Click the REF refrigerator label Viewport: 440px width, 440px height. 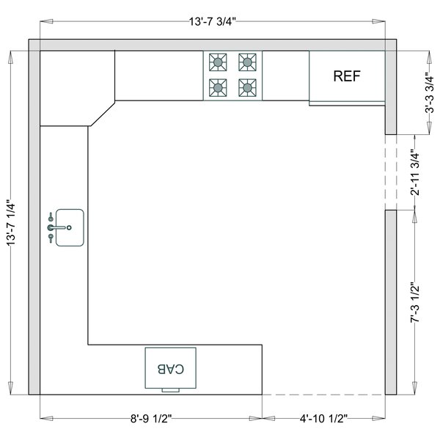tap(347, 76)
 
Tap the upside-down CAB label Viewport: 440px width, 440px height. tap(171, 369)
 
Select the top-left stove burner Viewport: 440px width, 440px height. tap(218, 62)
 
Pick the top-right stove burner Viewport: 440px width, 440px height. tap(247, 62)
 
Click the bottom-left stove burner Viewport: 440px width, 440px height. tap(218, 88)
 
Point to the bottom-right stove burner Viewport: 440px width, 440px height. tap(247, 88)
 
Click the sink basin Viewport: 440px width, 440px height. tap(70, 227)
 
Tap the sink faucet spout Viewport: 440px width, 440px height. tap(59, 227)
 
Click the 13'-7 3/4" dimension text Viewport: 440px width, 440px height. tap(213, 21)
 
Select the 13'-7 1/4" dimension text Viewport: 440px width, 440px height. tap(11, 223)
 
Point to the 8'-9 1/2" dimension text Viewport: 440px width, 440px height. tap(151, 419)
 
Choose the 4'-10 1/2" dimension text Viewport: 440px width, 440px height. tap(323, 419)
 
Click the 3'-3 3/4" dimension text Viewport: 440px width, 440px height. tap(429, 92)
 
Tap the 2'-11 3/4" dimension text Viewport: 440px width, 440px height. tap(415, 173)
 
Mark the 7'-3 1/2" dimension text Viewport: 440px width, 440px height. tap(415, 302)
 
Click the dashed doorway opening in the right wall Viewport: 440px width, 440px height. tap(391, 172)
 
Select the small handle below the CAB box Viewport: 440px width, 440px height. tap(171, 390)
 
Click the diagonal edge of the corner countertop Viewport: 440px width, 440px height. tap(102, 114)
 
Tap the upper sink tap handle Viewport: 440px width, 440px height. tap(51, 217)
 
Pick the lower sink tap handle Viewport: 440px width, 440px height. tap(51, 238)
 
